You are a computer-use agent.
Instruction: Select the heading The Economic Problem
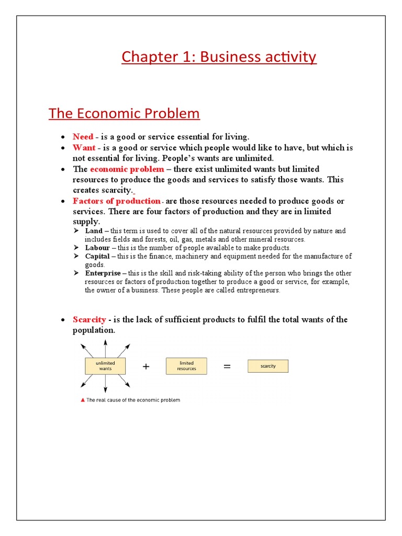pos(124,114)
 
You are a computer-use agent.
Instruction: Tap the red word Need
pos(83,137)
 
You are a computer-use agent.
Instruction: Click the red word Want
pos(84,148)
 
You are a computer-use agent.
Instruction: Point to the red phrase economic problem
pos(127,169)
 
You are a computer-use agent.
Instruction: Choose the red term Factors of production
pos(117,201)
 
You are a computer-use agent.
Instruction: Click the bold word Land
pos(94,231)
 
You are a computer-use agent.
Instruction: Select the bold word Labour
pos(97,248)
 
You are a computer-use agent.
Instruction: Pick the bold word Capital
pos(97,256)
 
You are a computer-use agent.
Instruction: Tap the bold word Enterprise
pos(103,273)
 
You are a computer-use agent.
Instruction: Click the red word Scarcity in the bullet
pos(90,320)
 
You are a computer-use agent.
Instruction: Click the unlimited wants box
pos(106,366)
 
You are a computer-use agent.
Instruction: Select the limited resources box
pos(186,366)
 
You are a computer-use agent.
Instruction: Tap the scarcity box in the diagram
pos(267,366)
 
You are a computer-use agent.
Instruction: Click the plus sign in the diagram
pos(146,367)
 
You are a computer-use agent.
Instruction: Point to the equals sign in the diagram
pos(227,367)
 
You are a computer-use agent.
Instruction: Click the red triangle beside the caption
pos(82,400)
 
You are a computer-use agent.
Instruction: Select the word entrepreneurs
pos(255,291)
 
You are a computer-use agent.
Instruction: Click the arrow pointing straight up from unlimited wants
pos(106,347)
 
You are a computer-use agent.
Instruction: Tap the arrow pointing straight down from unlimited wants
pos(106,384)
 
